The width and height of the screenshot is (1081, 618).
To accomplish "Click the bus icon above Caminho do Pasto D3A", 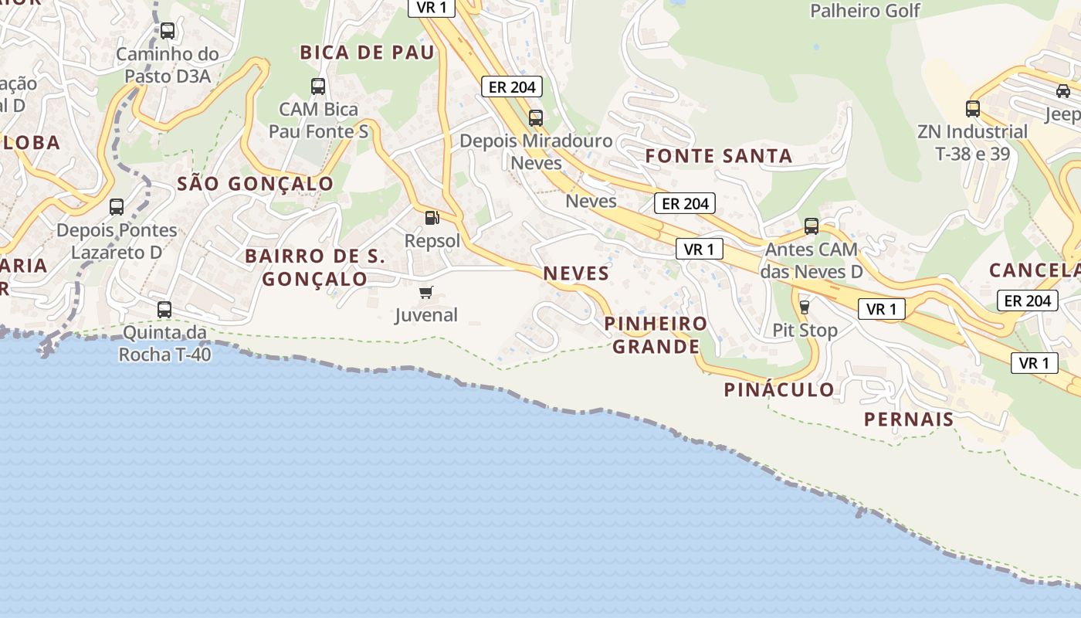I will click(x=167, y=31).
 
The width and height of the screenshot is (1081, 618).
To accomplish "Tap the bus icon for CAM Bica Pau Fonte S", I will click(x=318, y=86).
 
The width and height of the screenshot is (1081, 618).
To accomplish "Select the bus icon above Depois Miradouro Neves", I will click(x=536, y=117).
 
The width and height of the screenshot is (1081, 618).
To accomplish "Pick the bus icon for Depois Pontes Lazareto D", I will click(x=117, y=206).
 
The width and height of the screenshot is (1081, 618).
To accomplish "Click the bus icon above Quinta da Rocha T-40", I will click(x=164, y=310).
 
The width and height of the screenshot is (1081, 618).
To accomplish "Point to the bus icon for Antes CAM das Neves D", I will click(x=812, y=226).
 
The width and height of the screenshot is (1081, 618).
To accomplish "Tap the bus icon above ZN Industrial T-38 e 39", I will click(x=973, y=108).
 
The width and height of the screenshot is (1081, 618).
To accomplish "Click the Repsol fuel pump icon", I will click(x=432, y=218).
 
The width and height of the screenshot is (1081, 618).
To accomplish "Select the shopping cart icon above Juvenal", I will click(x=425, y=292).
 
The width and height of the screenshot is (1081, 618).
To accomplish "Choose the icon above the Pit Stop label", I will click(x=805, y=307).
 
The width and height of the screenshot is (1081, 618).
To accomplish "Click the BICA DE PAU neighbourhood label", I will click(x=368, y=53).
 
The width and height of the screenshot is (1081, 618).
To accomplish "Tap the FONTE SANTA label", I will click(x=719, y=156).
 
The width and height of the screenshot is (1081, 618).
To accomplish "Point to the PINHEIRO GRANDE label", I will click(x=656, y=334).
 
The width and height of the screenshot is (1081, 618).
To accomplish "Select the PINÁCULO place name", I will click(x=779, y=390).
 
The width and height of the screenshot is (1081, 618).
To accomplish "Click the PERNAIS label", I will click(x=909, y=419).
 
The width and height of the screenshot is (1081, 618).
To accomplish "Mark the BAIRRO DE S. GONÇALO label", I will click(x=315, y=267).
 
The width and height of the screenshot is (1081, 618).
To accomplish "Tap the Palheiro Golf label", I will click(x=865, y=11).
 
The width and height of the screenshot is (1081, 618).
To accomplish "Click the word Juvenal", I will click(x=426, y=315).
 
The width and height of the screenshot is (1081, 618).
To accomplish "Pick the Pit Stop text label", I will click(x=805, y=331).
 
